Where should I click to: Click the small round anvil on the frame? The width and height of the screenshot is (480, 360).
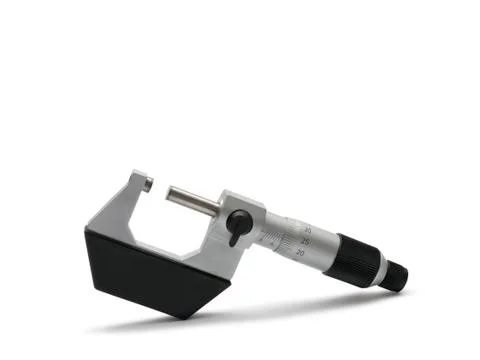(147, 183)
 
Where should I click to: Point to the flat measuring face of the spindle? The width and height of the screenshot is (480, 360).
(169, 192)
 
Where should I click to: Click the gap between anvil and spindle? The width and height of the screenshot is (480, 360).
(158, 188)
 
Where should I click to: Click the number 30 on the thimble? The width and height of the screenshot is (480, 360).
(306, 230)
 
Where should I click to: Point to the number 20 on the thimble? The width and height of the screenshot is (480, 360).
(301, 254)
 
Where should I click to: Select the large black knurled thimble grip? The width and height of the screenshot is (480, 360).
(358, 258)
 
